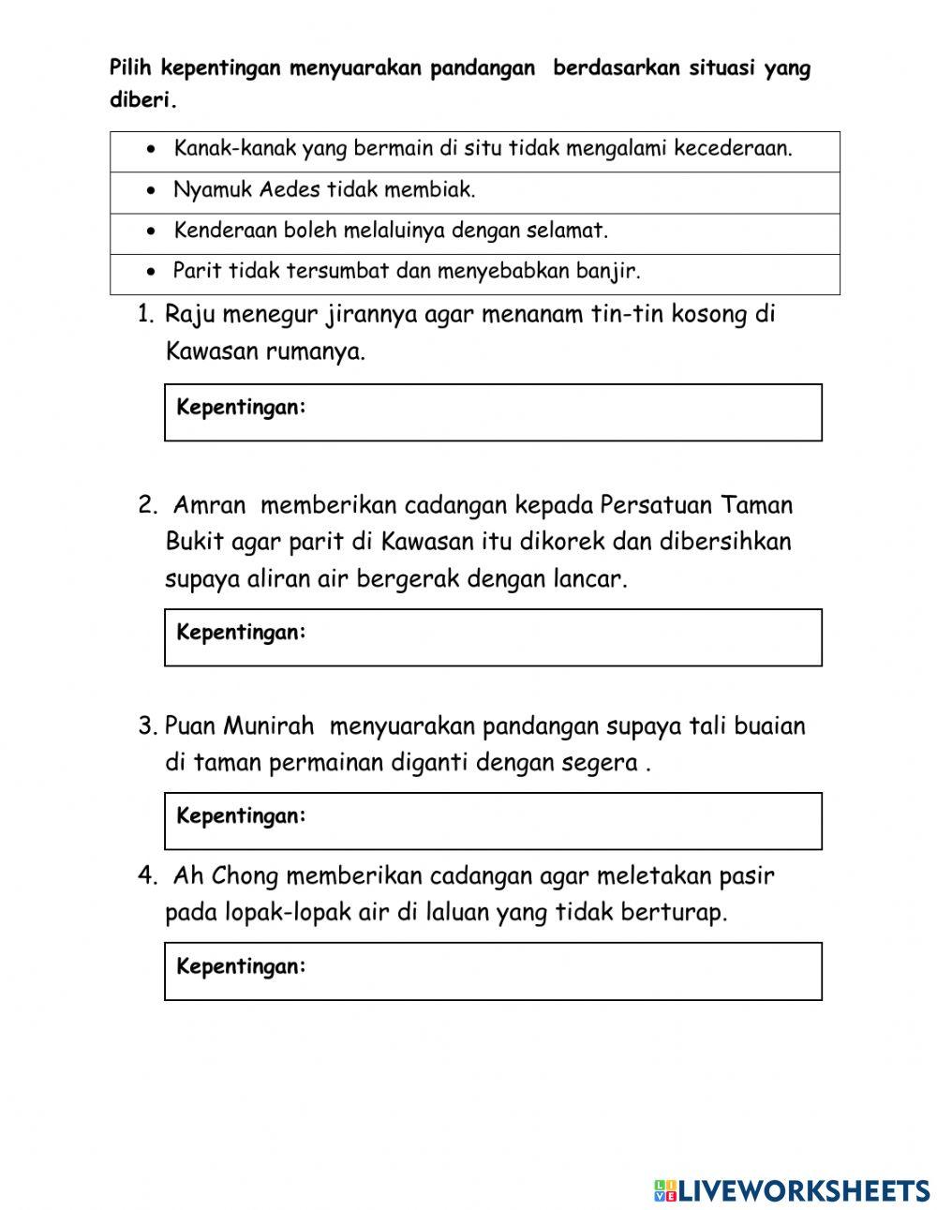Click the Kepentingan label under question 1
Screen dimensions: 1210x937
coord(241,408)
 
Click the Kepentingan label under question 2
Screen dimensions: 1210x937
coord(241,633)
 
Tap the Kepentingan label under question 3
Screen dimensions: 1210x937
coord(241,816)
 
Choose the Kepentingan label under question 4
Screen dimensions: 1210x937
coord(241,966)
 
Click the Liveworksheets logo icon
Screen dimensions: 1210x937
coord(665,1190)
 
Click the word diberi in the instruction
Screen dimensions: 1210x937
coord(141,101)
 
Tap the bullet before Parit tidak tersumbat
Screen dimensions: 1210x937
coord(152,272)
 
